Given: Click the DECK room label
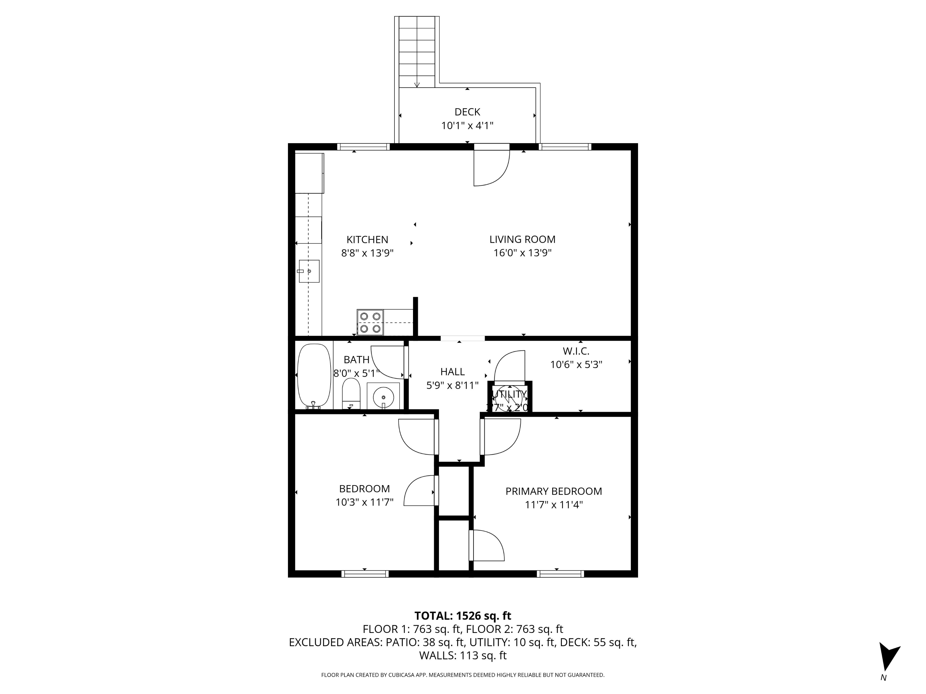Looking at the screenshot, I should point(467,112).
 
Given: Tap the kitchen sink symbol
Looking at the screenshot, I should point(309,271).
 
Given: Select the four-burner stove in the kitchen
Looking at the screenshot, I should point(370,323).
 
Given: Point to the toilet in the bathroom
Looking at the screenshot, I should point(351,393).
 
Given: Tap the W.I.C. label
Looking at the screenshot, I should point(576,351).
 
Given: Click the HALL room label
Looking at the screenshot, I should point(452,371).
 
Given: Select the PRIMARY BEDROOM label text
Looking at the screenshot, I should point(553,491).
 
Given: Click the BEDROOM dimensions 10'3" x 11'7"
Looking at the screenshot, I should point(364,502).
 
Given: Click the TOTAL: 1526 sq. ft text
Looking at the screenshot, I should point(463,616).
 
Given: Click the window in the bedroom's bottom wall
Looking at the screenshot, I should point(365,573).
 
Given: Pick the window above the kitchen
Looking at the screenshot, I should point(363,147).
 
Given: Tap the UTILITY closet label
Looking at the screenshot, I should point(509,394).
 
